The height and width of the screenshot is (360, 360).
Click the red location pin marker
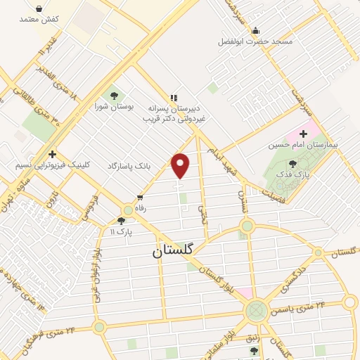(x=181, y=165)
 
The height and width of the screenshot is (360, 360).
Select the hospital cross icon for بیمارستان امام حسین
(x=304, y=134)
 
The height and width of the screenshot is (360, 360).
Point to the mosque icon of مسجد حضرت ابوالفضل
(x=255, y=30)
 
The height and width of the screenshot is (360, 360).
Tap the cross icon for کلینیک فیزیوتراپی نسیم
(x=52, y=155)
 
